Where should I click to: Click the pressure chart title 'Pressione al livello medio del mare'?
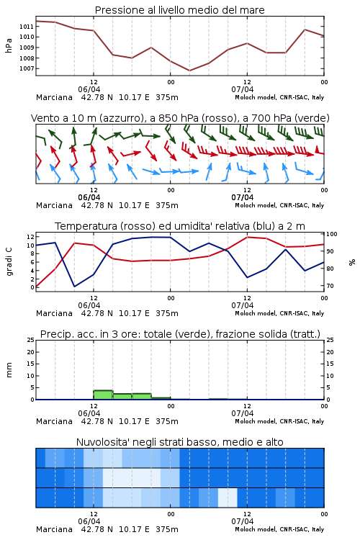click(179, 10)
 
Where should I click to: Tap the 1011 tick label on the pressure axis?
click(27, 26)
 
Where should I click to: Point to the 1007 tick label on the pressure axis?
click(27, 68)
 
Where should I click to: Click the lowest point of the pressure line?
click(189, 71)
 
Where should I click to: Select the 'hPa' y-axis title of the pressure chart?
click(9, 45)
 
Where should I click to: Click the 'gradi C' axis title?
click(9, 261)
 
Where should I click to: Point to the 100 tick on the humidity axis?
click(331, 234)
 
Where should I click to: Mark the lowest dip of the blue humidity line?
click(74, 286)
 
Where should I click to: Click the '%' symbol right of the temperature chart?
click(352, 262)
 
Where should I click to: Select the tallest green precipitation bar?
click(103, 395)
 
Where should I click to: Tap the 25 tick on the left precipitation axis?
click(31, 340)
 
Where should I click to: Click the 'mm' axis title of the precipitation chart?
click(9, 370)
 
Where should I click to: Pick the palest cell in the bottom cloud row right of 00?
click(228, 498)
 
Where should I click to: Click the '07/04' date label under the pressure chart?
click(242, 89)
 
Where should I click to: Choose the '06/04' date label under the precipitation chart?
click(89, 413)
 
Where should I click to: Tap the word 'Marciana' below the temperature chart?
click(54, 313)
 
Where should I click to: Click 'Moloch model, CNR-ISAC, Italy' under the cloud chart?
click(279, 529)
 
